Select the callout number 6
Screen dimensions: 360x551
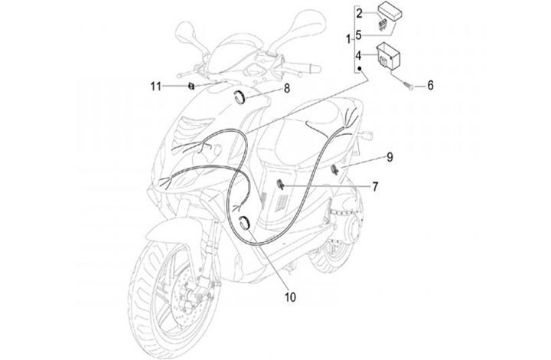(x=430, y=86)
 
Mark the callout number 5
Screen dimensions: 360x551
(x=359, y=34)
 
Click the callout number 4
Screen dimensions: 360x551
(x=359, y=56)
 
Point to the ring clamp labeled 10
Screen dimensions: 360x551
(x=247, y=223)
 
